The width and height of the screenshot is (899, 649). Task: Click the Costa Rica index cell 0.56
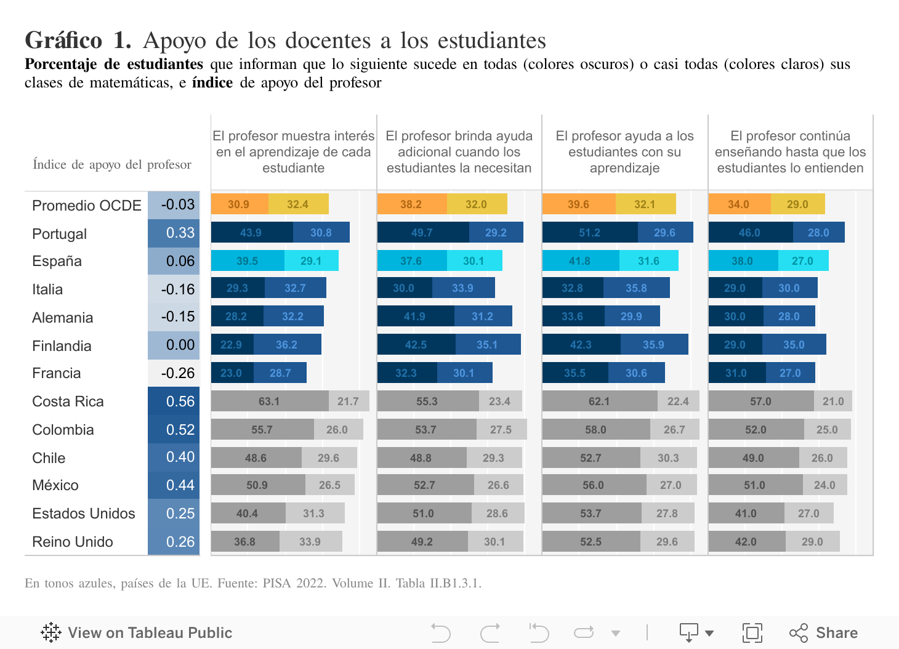(x=174, y=401)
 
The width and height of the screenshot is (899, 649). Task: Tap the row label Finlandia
(x=62, y=346)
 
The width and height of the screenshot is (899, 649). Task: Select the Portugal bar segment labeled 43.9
(x=251, y=233)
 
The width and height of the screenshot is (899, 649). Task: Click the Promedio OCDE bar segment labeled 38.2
(x=411, y=204)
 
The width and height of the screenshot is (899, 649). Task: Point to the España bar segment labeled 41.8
(x=580, y=261)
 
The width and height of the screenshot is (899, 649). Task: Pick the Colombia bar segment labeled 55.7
(x=262, y=430)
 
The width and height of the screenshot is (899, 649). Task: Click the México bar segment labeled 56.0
(x=594, y=485)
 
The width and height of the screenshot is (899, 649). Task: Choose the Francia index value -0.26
(x=177, y=373)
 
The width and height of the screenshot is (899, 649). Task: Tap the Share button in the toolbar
(x=824, y=633)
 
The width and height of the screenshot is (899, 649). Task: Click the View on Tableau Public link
(x=137, y=633)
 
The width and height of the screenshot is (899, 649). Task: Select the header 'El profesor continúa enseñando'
(x=790, y=152)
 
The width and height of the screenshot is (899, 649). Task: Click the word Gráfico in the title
(x=63, y=41)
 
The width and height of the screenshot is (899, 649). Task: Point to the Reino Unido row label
(x=73, y=542)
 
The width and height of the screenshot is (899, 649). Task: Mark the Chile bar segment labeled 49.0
(x=753, y=458)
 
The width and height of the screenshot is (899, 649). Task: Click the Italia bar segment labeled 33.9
(x=463, y=288)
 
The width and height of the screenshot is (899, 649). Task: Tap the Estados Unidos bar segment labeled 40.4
(x=248, y=514)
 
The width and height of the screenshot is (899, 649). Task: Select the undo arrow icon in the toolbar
(x=441, y=633)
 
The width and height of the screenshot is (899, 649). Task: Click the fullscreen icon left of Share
(x=752, y=633)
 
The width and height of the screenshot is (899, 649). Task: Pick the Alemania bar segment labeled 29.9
(x=632, y=316)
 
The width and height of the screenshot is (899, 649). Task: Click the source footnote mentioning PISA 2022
(x=252, y=583)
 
